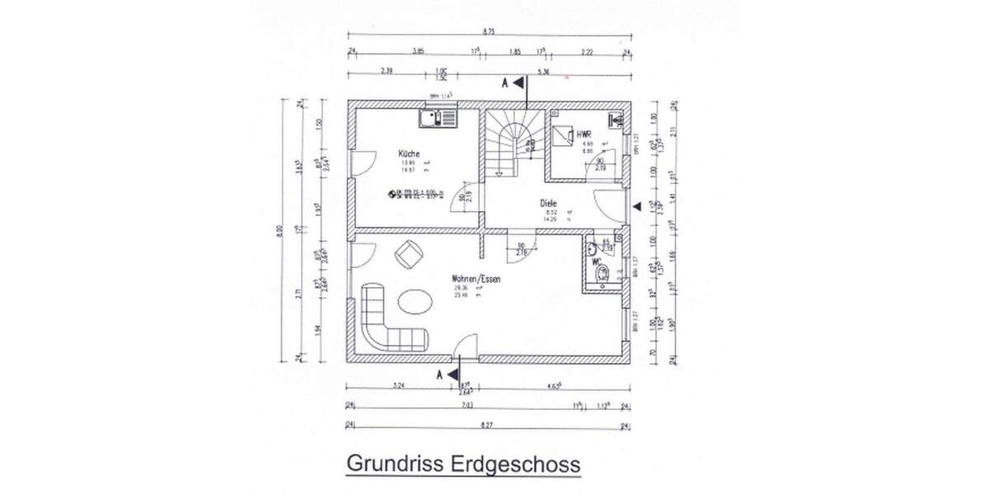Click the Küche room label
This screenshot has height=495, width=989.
coord(409,153)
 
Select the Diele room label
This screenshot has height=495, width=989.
coord(549,202)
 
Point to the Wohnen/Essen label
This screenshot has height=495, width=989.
coord(476,279)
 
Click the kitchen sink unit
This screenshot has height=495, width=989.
coord(437,119)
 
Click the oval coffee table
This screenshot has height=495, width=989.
coord(415,301)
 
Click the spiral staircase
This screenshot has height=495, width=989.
coord(511,144)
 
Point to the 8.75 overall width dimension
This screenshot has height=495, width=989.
coord(489,30)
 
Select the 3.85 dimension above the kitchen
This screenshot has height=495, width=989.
coord(418,51)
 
